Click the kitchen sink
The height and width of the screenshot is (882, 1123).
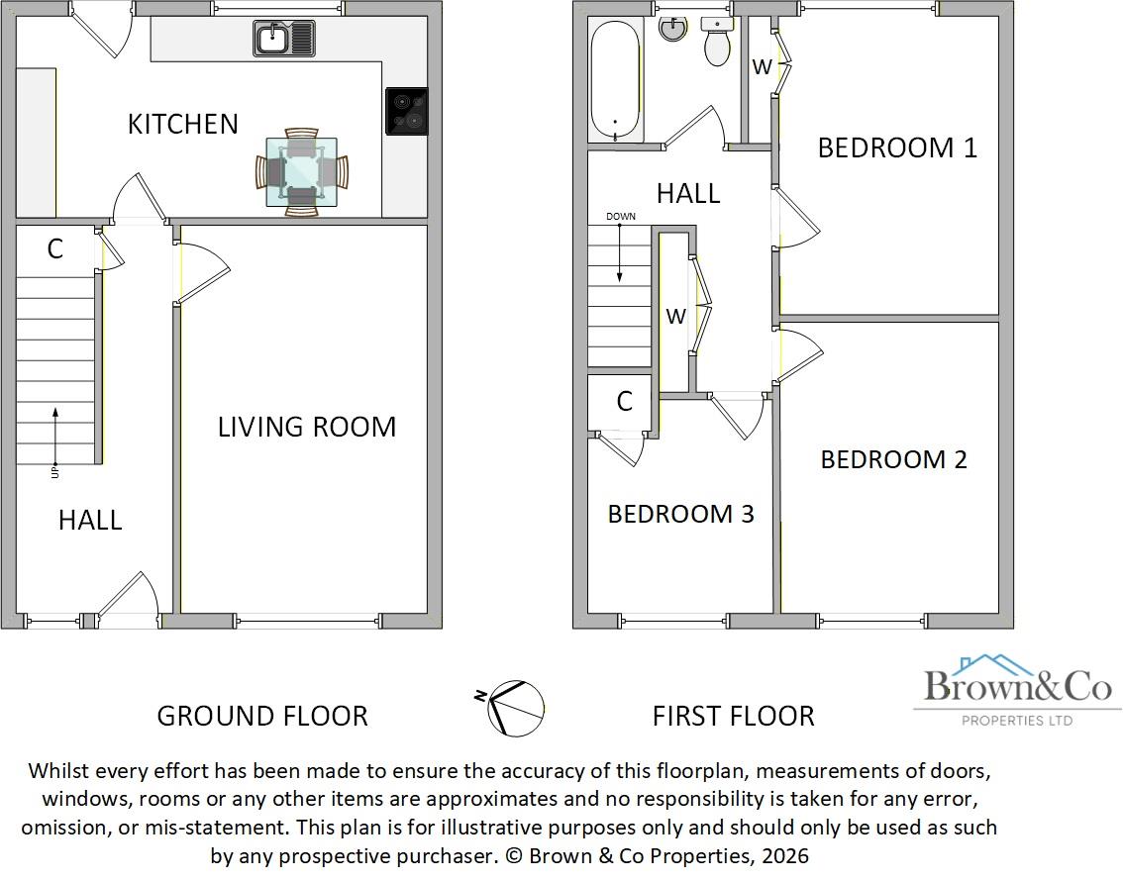[284, 40]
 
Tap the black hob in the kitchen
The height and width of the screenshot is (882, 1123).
[406, 111]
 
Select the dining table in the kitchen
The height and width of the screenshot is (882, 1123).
[301, 172]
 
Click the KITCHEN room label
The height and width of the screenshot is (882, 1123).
[183, 124]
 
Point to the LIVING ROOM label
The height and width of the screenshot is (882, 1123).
[307, 427]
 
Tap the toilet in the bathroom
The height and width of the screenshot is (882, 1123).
[716, 42]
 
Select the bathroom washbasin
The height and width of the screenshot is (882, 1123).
[672, 29]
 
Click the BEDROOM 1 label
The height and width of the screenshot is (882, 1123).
[897, 147]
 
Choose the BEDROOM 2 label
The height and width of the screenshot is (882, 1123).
[893, 459]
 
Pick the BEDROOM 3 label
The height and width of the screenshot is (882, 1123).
[680, 514]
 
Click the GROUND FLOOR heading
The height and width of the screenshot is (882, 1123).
[262, 716]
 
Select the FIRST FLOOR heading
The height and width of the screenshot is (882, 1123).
[733, 716]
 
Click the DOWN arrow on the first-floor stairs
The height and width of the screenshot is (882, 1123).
[621, 251]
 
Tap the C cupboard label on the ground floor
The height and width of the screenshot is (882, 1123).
[55, 248]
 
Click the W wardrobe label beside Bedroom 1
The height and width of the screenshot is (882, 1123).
[762, 67]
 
